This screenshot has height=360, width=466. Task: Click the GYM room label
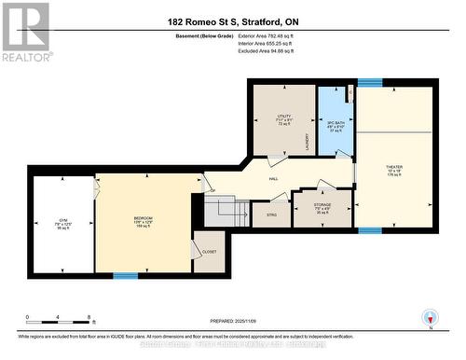click(63, 220)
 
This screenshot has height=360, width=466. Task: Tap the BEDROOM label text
click(143, 220)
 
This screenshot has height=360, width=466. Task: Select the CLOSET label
click(210, 251)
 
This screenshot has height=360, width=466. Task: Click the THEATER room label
click(394, 169)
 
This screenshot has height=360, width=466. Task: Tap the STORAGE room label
click(321, 208)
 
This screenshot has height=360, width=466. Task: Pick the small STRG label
click(271, 214)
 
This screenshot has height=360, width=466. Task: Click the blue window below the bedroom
click(125, 275)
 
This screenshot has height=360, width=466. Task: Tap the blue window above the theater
click(369, 82)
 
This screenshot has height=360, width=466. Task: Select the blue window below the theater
click(369, 229)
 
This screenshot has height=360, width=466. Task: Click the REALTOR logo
click(25, 33)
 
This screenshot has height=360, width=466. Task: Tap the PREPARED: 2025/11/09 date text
click(233, 320)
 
